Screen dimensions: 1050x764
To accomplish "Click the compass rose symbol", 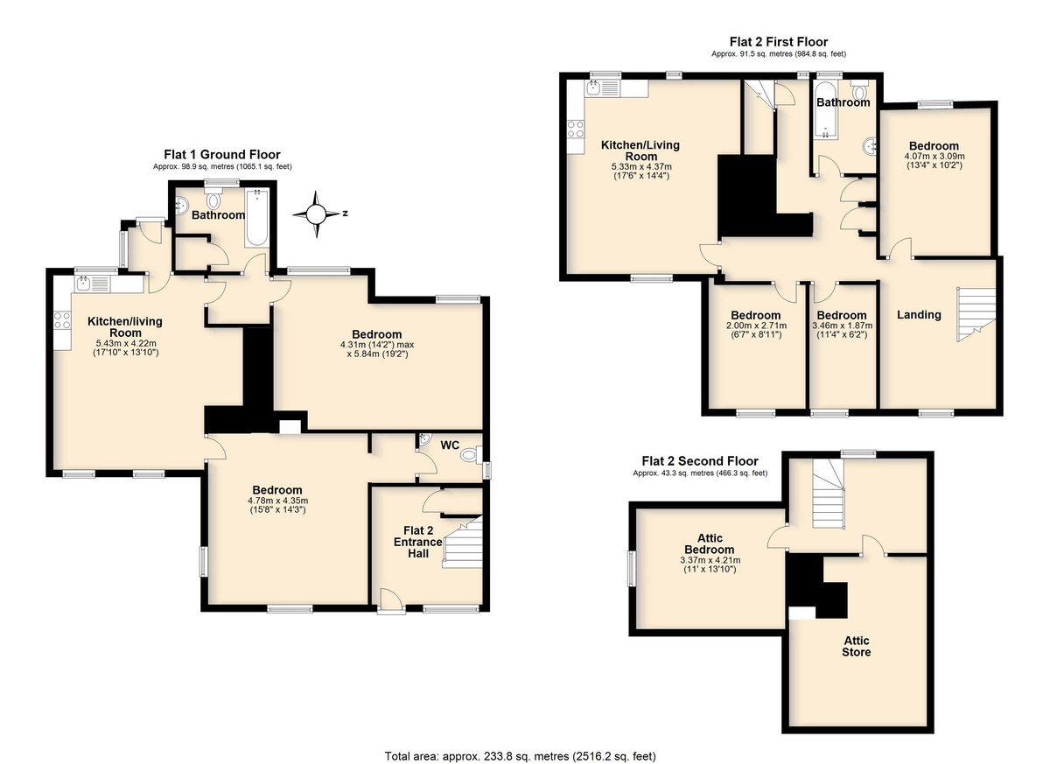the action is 316,214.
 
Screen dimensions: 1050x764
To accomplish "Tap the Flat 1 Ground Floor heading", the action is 222,155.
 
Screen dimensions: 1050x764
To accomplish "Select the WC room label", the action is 450,445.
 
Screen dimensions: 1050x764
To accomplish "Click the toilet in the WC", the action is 469,455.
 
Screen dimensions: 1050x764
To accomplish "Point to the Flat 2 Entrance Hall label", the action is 417,542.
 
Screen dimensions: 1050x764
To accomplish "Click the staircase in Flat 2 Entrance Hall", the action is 463,542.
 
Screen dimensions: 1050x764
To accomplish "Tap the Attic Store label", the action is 857,647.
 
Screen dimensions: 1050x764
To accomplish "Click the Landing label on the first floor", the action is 919,314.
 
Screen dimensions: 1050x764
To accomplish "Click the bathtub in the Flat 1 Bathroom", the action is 257,218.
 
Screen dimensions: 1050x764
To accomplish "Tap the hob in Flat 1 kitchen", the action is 62,320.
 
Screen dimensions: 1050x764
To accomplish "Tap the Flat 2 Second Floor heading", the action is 700,461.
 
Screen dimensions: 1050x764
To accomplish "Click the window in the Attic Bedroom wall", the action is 632,569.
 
